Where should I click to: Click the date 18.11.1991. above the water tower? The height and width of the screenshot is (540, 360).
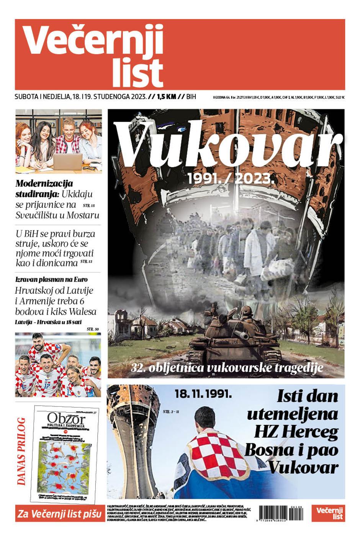203,393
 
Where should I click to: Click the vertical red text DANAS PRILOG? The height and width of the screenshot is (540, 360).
21,452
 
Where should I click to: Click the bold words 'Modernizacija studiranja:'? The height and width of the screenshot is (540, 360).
44,188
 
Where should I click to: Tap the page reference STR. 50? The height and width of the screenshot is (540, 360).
93,329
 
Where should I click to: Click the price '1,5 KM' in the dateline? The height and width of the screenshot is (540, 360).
166,97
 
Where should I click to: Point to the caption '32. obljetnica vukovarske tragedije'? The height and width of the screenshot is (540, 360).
227,368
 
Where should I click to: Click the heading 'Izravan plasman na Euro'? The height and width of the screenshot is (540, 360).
51,279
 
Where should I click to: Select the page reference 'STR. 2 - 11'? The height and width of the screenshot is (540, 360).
171,412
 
